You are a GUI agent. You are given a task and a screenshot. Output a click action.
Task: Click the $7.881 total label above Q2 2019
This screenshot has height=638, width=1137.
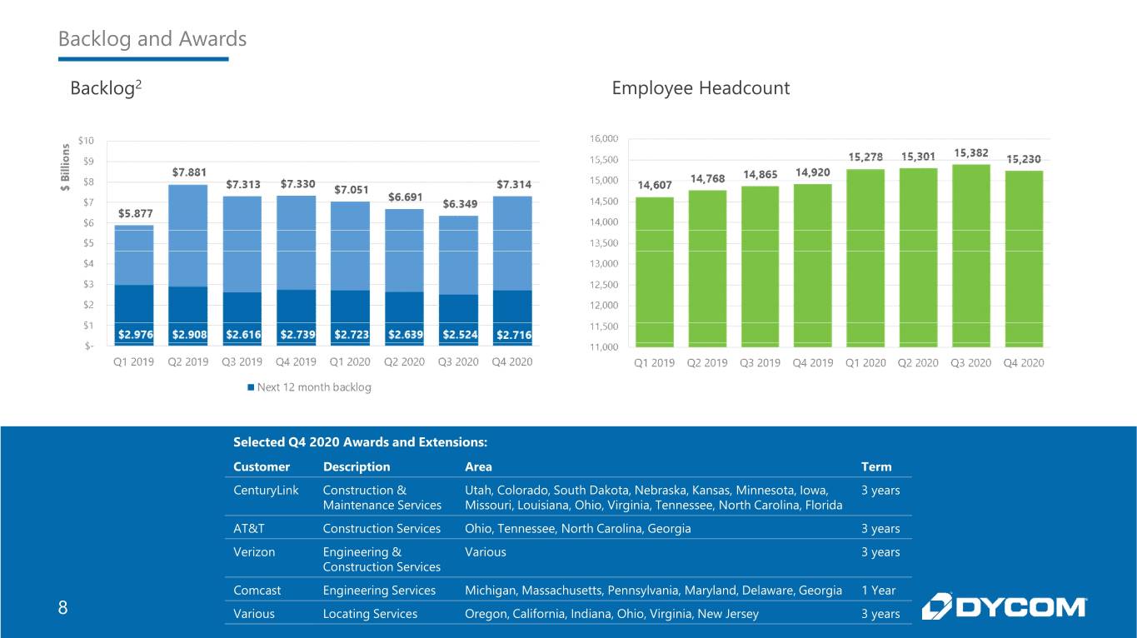[x=189, y=172]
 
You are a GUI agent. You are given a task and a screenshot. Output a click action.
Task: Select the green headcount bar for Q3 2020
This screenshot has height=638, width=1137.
[x=971, y=256]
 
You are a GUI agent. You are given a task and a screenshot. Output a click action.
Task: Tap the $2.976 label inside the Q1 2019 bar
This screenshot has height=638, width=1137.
[x=136, y=335]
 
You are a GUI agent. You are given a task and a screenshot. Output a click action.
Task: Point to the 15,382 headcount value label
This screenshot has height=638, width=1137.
[x=971, y=152]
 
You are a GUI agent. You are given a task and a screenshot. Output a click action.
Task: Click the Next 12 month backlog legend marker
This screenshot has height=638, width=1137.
[x=251, y=387]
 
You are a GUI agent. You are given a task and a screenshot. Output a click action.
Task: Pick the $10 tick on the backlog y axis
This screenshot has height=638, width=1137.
[x=86, y=141]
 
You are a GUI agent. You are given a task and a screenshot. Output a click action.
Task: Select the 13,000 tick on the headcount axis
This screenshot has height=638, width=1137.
[x=604, y=263]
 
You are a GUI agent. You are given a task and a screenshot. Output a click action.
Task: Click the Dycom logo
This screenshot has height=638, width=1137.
[x=1004, y=606]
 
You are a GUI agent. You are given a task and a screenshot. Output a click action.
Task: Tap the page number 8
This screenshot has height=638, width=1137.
[x=63, y=607]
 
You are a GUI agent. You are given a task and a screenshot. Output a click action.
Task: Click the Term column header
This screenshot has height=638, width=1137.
[x=876, y=466]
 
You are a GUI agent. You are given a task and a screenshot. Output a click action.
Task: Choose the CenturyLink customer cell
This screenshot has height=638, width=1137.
[x=266, y=491]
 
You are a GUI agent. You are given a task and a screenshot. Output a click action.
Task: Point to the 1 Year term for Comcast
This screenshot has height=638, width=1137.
[x=878, y=591]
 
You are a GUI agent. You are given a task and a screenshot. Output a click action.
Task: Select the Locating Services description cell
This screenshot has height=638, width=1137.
[x=370, y=614]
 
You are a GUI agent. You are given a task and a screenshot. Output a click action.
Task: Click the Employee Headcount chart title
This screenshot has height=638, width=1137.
[x=701, y=88]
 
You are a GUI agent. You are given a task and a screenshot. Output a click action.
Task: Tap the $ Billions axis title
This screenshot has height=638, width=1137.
[x=66, y=167]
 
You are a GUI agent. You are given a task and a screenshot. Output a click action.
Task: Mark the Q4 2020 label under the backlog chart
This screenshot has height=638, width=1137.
[x=512, y=361]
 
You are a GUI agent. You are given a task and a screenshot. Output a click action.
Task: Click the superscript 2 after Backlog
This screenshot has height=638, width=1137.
[x=138, y=84]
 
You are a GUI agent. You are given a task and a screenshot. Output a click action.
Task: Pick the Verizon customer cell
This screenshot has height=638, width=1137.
[x=254, y=551]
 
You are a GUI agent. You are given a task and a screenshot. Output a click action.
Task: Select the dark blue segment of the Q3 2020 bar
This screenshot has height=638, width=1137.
[x=458, y=321]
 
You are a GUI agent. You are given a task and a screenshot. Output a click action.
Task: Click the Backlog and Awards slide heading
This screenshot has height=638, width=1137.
[x=152, y=39]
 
